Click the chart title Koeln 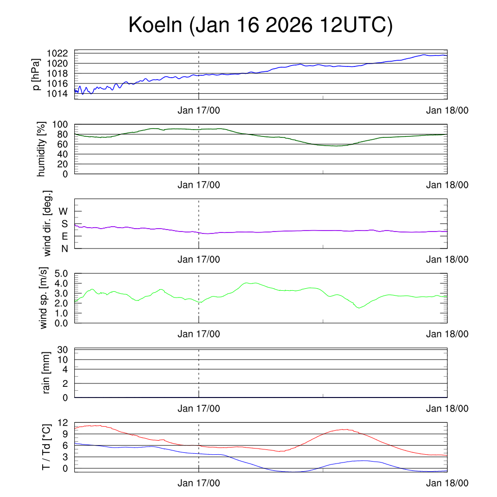coord(261,25)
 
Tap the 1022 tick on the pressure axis coord(61,53)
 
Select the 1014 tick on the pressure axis coord(61,93)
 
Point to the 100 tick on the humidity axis coord(64,124)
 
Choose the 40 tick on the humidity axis coord(66,154)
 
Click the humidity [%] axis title coord(42,149)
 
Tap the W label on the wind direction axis coord(64,211)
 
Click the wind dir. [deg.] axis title coord(48,223)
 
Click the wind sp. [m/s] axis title coord(44,298)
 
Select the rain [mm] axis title coord(47,373)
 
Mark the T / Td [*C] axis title coord(47,447)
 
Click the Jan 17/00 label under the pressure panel coord(199,110)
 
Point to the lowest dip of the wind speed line coord(359,308)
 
